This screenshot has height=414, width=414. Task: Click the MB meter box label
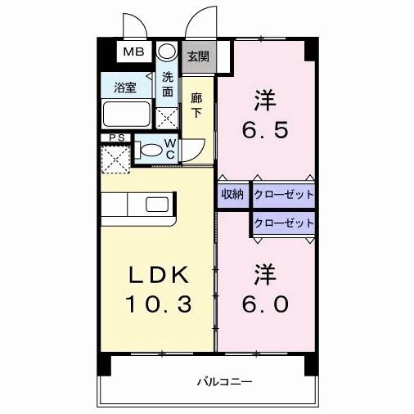133,52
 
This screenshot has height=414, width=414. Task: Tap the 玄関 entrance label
198,56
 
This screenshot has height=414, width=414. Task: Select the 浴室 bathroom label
125,88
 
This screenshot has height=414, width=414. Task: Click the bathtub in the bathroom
127,115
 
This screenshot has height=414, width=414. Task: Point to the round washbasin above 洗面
166,51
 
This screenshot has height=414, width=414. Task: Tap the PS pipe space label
117,138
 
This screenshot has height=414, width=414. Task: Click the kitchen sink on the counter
156,205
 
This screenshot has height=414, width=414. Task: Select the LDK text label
159,274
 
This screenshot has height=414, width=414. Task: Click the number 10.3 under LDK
159,304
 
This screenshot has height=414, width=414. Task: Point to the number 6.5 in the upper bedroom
265,130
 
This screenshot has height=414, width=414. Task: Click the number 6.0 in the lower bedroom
265,304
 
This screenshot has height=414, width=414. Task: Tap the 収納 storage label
232,194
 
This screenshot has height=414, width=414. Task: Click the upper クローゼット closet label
284,195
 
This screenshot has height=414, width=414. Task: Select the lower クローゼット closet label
284,223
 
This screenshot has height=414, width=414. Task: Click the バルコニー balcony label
224,381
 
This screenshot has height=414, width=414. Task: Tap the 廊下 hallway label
196,106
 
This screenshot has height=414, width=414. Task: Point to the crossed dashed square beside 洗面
167,119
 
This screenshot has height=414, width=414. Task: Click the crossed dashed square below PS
115,160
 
